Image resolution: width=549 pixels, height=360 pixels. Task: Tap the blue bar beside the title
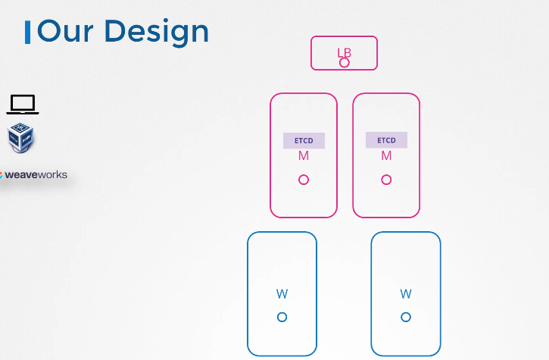(x=28, y=32)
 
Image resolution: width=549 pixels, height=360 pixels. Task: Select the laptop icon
(x=23, y=105)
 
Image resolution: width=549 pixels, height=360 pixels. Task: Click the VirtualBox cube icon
(x=20, y=138)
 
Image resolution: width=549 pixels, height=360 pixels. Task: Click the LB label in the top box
(x=344, y=52)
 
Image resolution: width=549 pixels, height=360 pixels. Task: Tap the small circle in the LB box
(x=345, y=62)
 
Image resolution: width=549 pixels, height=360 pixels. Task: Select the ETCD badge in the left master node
(x=304, y=140)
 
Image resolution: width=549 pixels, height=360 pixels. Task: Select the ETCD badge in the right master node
(x=386, y=140)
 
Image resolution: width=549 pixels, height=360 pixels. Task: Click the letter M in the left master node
(x=304, y=156)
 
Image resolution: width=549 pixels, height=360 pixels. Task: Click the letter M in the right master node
(x=386, y=156)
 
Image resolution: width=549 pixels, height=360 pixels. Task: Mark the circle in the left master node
(x=304, y=180)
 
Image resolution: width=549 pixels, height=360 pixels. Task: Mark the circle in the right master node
(x=386, y=180)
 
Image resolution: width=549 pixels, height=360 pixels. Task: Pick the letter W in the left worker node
(x=282, y=294)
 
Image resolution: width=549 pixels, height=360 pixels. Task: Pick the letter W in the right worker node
(x=406, y=294)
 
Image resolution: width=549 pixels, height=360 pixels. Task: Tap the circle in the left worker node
(x=282, y=317)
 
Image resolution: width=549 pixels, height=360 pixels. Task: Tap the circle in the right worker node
(x=406, y=317)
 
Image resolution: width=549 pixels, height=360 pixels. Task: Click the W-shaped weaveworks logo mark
(x=2, y=175)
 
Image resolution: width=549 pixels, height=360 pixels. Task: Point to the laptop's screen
(x=23, y=102)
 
